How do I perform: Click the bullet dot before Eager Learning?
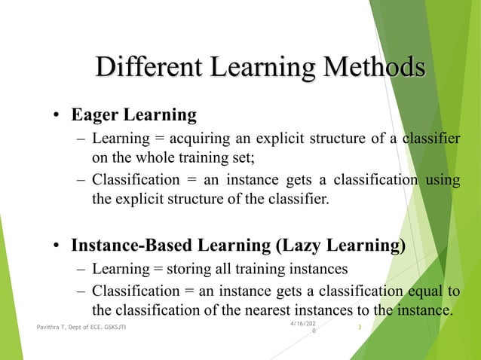[57, 117]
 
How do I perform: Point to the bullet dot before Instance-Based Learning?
[57, 246]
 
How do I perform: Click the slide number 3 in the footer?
[360, 326]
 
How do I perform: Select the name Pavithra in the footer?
[51, 327]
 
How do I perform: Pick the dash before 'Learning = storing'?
[81, 270]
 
